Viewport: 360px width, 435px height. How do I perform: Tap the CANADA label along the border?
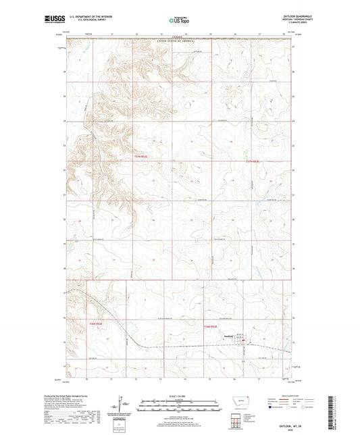coord(176,38)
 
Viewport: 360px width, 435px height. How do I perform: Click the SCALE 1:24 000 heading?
coord(179,395)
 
